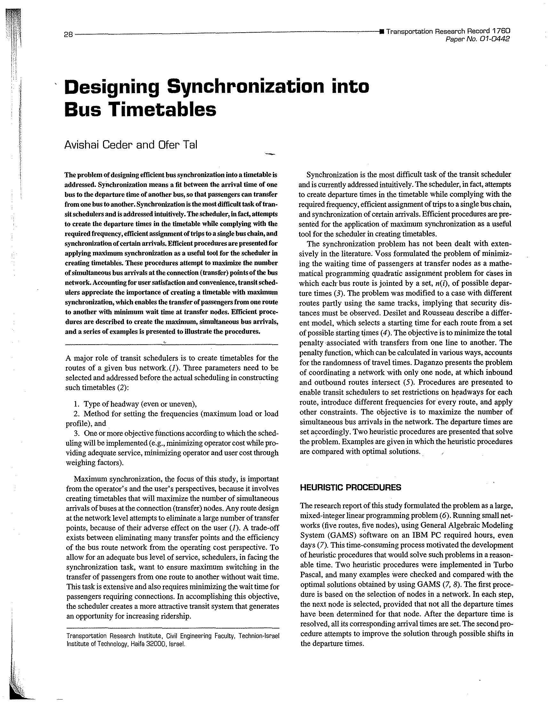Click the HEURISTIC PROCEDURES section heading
tap(351, 487)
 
